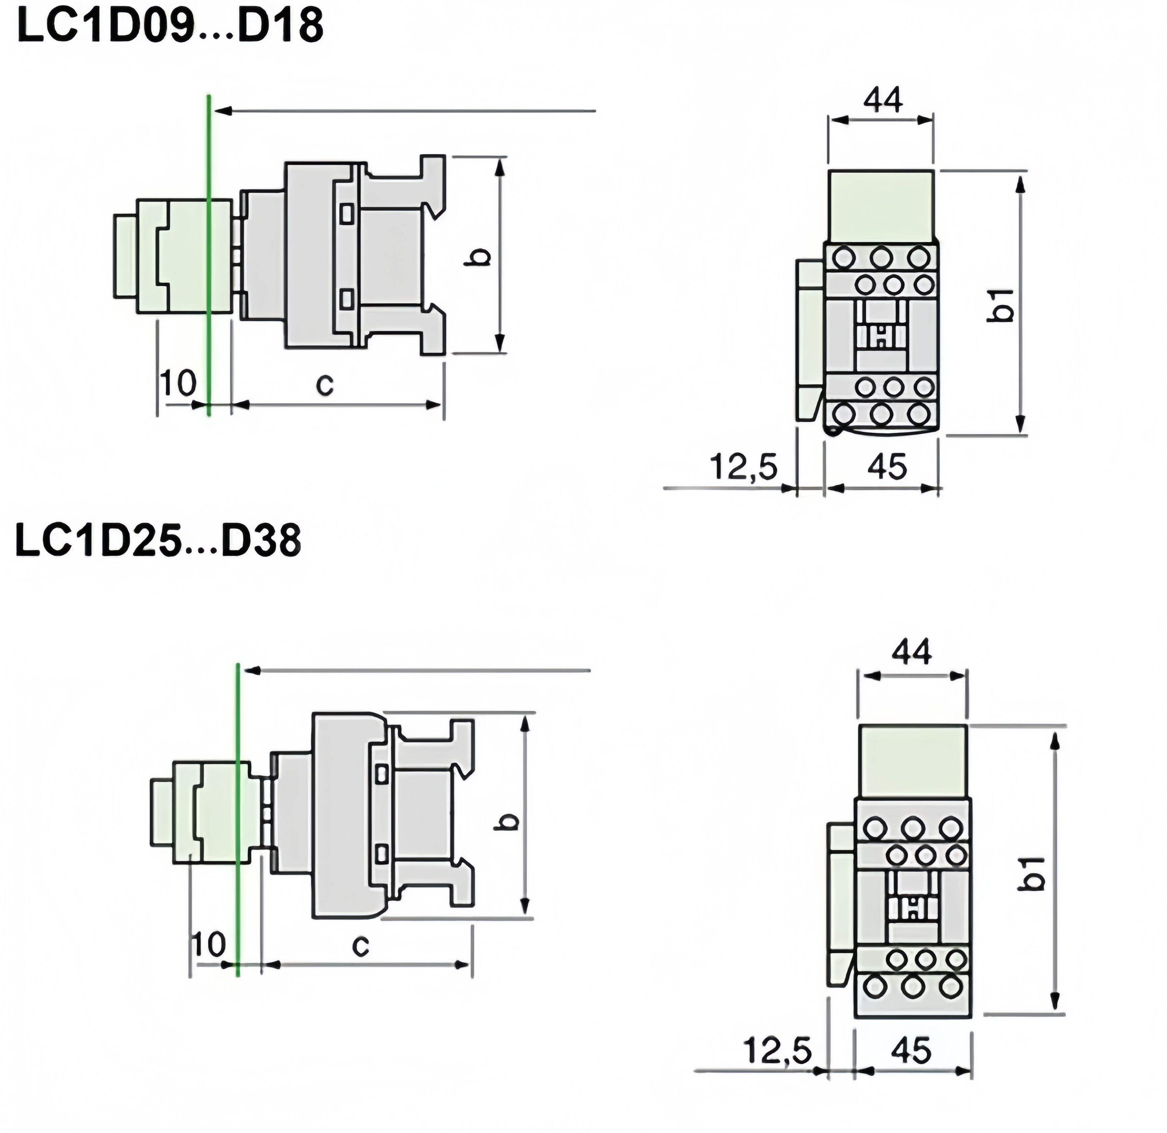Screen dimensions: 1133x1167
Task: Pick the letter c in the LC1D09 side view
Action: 324,385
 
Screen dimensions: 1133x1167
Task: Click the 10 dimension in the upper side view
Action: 178,383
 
